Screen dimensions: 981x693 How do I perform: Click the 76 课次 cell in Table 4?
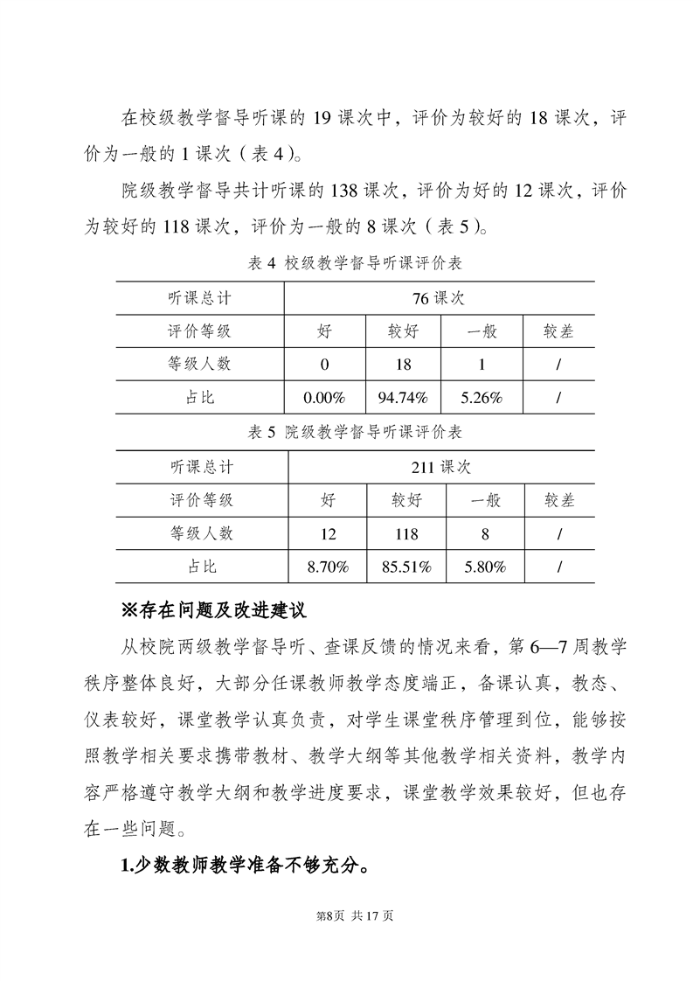click(x=438, y=298)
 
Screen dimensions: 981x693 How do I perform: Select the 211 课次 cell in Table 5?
click(x=440, y=467)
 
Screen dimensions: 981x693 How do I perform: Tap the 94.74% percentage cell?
click(x=402, y=398)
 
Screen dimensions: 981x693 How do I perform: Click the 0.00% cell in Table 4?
click(x=323, y=398)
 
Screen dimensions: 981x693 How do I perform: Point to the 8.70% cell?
click(x=328, y=567)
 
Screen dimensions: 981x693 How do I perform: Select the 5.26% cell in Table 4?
click(x=482, y=398)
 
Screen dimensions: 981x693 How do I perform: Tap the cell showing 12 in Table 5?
click(x=328, y=533)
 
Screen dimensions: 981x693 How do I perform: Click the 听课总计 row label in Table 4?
click(x=199, y=298)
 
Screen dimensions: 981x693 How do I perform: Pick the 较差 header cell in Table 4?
click(x=558, y=331)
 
